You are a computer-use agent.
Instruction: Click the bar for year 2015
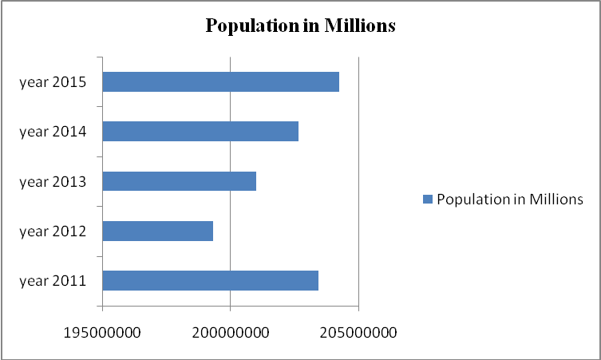point(220,81)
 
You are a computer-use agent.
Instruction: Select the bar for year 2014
point(200,131)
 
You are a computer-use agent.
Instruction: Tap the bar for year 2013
point(180,181)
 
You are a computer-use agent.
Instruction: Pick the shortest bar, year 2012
point(158,231)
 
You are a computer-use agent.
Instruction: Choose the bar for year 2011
point(211,280)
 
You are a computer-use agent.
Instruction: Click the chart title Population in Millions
point(301,26)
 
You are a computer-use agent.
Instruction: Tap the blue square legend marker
point(428,200)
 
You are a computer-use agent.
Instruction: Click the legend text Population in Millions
point(510,200)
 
